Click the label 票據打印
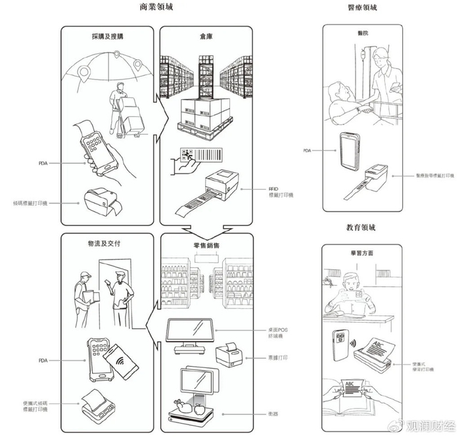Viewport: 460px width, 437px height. pos(261,358)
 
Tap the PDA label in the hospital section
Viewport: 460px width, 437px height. pos(307,150)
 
